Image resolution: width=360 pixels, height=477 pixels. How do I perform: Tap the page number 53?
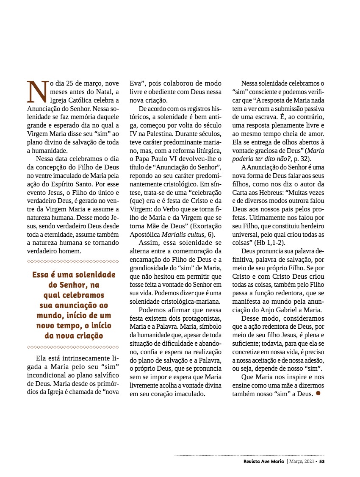[x=322, y=461]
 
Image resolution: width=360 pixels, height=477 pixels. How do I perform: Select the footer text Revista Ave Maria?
[x=261, y=461]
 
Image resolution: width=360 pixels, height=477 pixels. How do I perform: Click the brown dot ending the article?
[x=318, y=393]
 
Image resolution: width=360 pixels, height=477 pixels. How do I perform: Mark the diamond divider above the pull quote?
[x=72, y=261]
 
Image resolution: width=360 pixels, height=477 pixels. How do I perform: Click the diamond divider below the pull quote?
[x=72, y=347]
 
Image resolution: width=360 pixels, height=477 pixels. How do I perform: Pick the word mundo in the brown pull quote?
[x=49, y=316]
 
